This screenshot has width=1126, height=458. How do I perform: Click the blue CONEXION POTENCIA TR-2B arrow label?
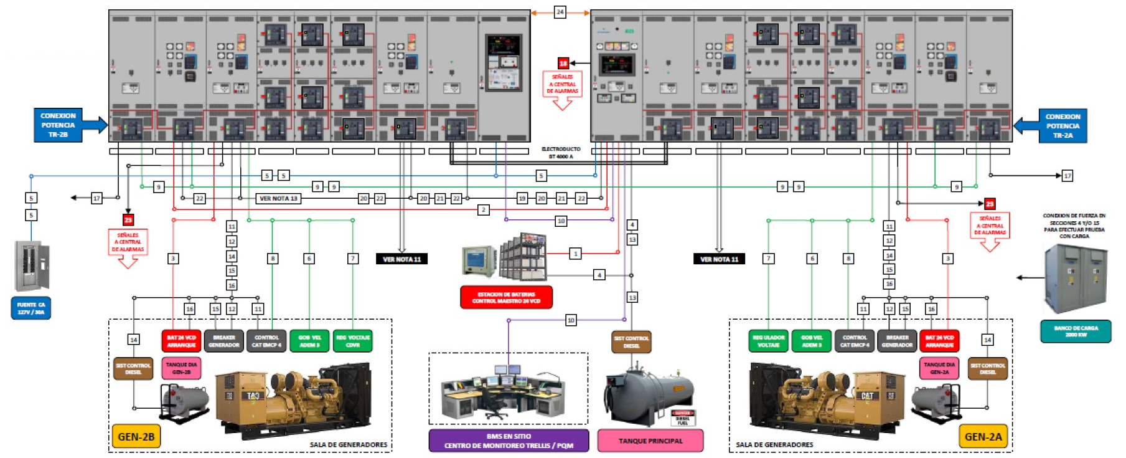point(59,125)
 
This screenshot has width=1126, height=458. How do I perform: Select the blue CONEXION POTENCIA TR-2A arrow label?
point(1063,125)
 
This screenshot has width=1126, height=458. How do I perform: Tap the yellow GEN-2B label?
point(136,437)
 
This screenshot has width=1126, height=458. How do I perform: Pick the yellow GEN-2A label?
point(983,437)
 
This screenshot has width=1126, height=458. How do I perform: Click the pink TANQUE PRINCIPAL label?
point(650,441)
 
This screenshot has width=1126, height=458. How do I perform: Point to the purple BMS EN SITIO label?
point(509,441)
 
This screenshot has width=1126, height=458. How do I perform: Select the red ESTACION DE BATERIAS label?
point(506,297)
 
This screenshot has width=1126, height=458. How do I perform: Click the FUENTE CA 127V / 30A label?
point(30,308)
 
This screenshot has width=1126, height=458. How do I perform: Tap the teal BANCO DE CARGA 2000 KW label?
point(1076,331)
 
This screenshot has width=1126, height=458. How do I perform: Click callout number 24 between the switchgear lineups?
point(560,12)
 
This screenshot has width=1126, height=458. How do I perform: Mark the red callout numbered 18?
point(563,63)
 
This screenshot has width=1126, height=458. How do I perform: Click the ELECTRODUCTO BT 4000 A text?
point(561,153)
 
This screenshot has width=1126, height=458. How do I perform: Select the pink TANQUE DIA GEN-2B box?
point(181,368)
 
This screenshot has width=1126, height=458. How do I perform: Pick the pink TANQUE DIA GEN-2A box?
point(939,368)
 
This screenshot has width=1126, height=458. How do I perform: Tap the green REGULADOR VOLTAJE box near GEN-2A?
point(768,341)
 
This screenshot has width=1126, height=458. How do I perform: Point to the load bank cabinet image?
point(1076,279)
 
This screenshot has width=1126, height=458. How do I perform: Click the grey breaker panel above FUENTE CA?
point(32,266)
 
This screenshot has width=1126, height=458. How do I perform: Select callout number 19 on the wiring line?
point(522,198)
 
